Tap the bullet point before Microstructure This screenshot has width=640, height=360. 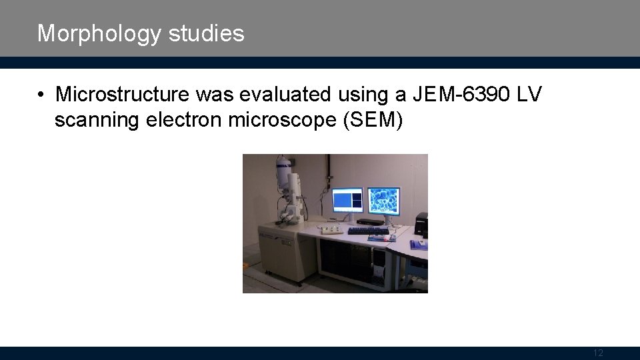click(42, 95)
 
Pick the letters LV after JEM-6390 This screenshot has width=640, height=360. click(530, 95)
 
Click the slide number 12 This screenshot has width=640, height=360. click(597, 353)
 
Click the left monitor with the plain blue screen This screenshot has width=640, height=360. click(347, 199)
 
